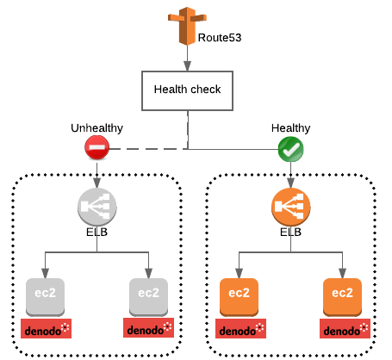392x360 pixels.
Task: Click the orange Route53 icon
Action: [186, 26]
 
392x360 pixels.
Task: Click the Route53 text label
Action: [221, 39]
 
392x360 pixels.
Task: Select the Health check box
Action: [187, 90]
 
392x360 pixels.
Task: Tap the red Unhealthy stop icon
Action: [96, 149]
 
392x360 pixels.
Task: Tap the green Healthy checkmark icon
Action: [290, 150]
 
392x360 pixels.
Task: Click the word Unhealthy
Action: [96, 128]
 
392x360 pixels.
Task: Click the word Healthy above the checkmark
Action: [290, 128]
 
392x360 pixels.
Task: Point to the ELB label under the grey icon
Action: [96, 232]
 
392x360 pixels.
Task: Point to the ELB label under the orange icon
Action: [290, 232]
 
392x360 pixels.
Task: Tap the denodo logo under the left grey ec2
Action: [46, 328]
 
